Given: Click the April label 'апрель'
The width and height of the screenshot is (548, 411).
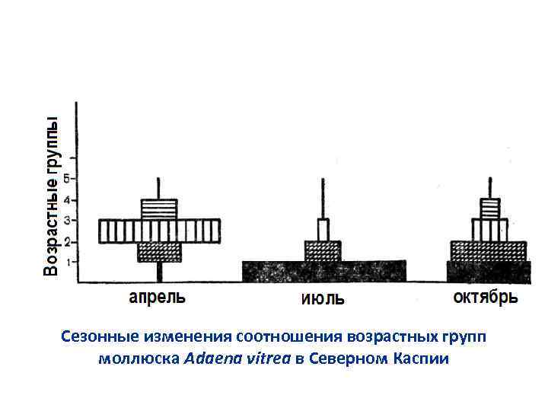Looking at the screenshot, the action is click(157, 297).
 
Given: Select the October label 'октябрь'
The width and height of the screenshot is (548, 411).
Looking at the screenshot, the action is click(486, 296).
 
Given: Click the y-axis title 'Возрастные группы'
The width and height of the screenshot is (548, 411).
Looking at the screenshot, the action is click(51, 197).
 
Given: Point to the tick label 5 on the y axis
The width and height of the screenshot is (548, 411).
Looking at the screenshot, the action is click(66, 179).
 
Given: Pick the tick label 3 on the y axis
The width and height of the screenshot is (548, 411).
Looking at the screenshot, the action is click(66, 221).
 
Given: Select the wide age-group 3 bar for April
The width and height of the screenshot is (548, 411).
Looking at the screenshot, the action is click(159, 231).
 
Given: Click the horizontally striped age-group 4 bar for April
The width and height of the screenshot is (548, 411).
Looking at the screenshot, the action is click(159, 209).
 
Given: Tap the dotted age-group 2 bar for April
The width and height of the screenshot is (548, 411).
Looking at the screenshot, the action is click(159, 252).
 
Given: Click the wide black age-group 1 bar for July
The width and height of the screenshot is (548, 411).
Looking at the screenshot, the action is click(323, 272).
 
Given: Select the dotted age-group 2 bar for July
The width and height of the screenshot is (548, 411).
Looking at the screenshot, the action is click(323, 251).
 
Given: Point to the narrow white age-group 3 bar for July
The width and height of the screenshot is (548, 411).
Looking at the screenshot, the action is click(323, 230).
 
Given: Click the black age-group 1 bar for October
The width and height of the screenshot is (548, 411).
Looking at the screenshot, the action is click(488, 272).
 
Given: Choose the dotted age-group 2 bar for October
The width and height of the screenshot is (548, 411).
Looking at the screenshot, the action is click(488, 251).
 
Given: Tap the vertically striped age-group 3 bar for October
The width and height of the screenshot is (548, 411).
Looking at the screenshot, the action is click(489, 230).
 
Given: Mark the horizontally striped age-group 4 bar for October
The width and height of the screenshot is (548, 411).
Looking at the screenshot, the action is click(489, 209).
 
